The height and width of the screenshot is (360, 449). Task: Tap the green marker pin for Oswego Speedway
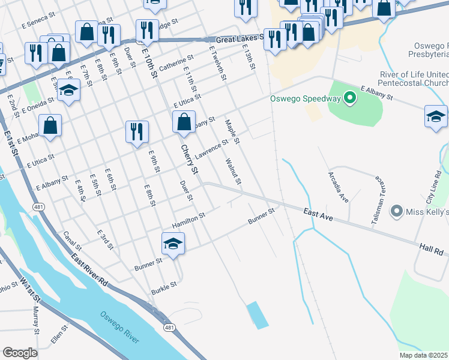tap(350, 98)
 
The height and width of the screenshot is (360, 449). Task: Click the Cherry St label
tap(190, 160)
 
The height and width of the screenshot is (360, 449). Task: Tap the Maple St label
tap(232, 132)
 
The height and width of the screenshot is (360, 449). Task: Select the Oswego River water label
tap(119, 326)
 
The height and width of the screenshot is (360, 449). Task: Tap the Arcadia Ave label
tap(338, 187)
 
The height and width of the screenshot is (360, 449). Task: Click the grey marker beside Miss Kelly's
tap(396, 211)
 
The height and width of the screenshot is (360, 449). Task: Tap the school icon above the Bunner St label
tap(173, 244)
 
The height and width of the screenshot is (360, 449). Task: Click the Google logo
tap(20, 353)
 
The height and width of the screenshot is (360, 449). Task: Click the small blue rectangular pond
tap(258, 314)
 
